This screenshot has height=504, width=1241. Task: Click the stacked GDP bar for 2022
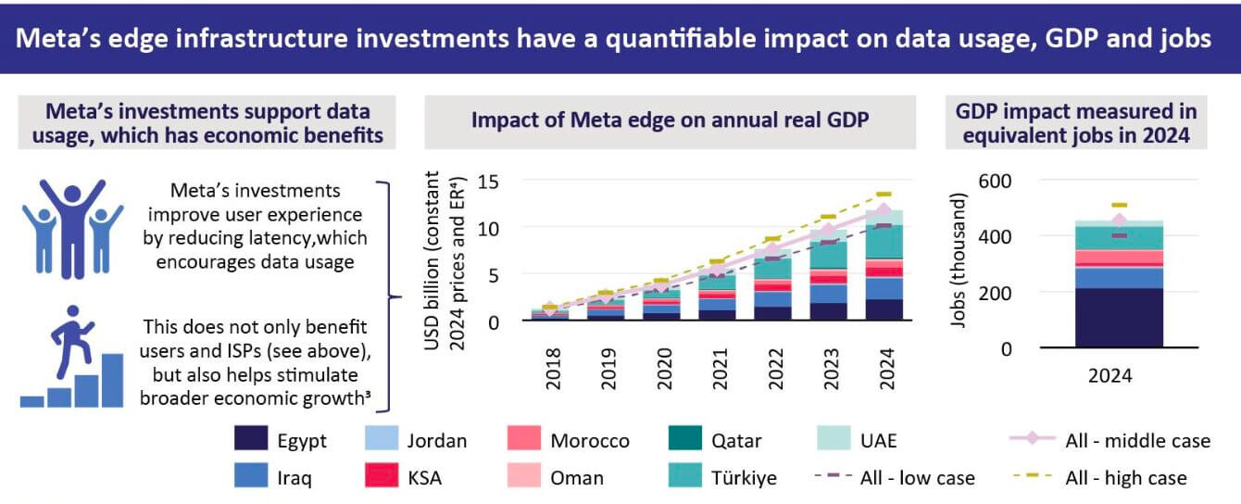click(772, 283)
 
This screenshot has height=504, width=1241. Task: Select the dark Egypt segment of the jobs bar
click(1119, 318)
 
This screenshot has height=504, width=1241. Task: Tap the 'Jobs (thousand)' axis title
click(961, 261)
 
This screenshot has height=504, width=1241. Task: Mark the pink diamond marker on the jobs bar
click(1119, 220)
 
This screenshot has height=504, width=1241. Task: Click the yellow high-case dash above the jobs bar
click(1119, 205)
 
